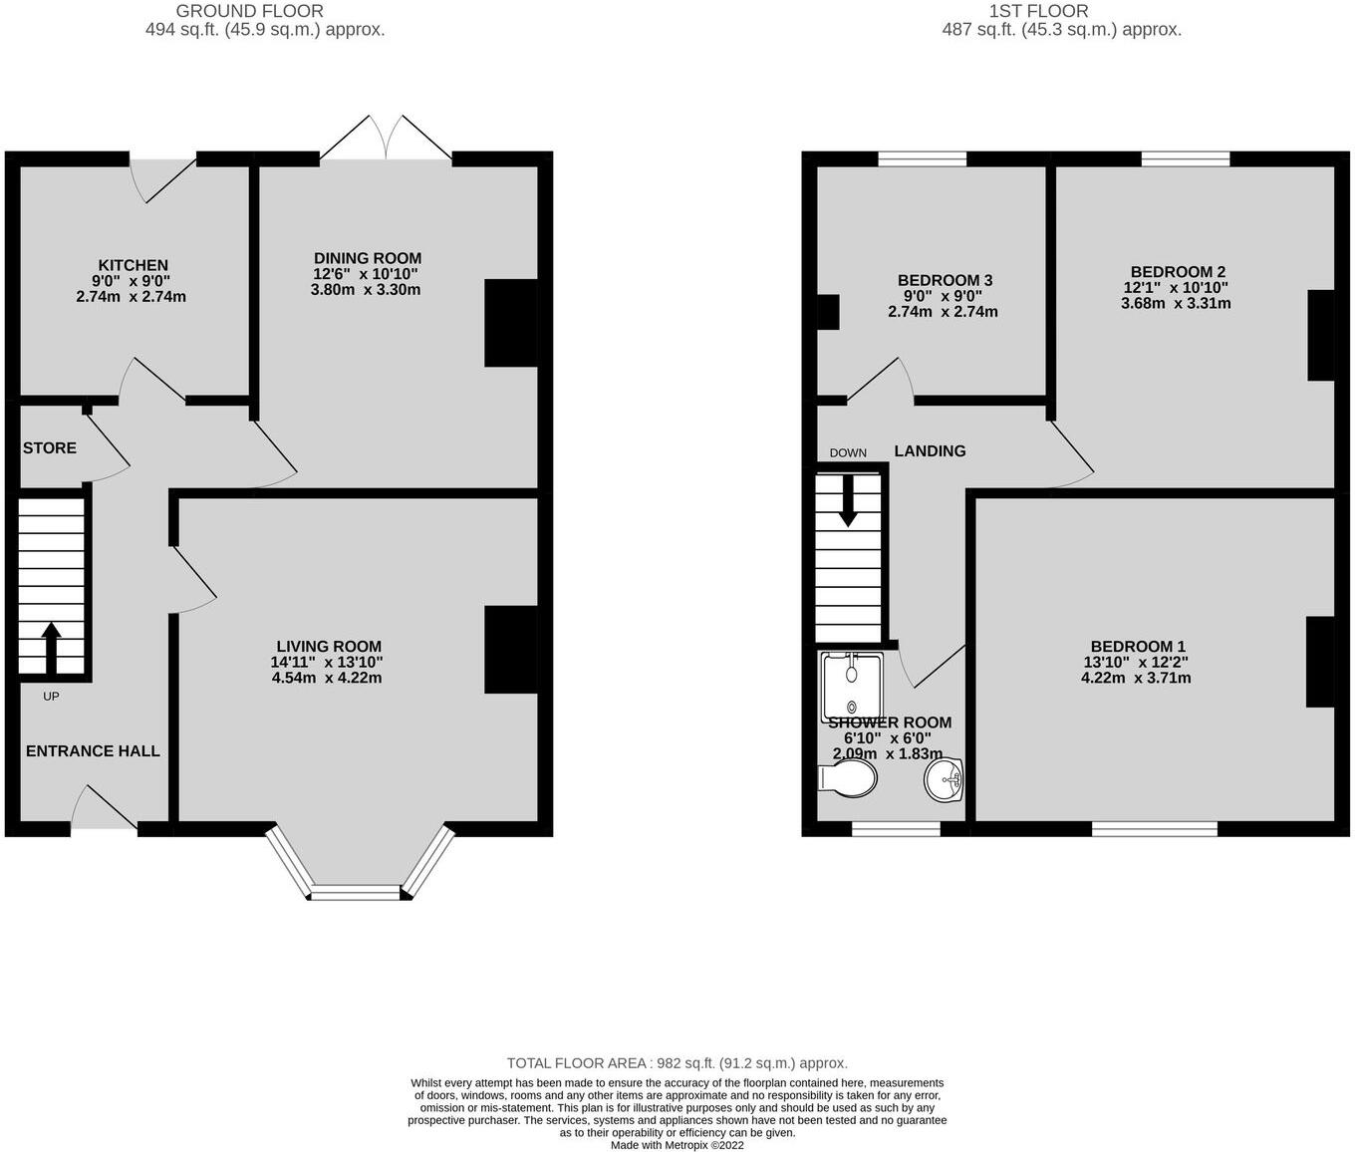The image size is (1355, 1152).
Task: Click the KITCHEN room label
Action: [133, 265]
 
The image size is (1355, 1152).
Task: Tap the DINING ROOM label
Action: [368, 258]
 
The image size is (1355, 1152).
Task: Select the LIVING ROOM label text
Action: [329, 647]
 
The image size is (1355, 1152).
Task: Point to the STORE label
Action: [50, 448]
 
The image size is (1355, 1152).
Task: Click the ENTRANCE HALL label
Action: [93, 751]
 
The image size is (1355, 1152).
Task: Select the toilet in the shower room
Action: [847, 778]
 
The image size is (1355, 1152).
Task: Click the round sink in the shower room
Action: [943, 778]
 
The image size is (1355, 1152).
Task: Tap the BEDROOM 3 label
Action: [945, 281]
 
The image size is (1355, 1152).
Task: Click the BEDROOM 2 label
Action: [1178, 272]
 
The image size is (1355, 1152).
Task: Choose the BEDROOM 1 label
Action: [1137, 647]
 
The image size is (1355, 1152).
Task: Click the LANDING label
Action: [930, 451]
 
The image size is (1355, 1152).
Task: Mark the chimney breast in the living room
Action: [511, 649]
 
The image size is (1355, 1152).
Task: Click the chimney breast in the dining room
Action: [511, 323]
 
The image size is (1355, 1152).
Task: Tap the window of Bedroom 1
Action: [1155, 828]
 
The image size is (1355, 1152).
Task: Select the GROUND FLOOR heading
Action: [249, 11]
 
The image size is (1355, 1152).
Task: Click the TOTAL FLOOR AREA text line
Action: [677, 1063]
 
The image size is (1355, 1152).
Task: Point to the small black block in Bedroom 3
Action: [828, 312]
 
